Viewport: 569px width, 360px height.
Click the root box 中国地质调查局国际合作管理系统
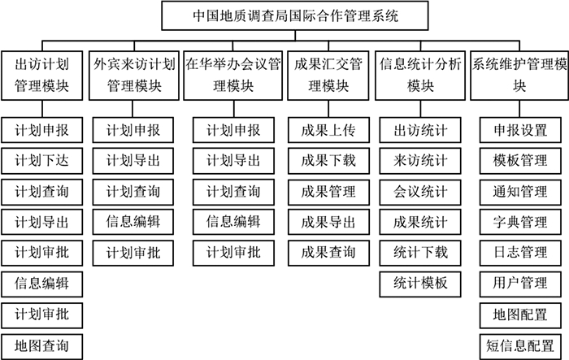pos(294,15)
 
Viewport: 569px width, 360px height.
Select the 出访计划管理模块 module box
pos(41,76)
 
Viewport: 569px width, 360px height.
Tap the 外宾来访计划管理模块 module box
pos(134,76)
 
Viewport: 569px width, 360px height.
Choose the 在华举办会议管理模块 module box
pos(233,76)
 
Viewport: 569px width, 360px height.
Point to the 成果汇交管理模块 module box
pos(328,76)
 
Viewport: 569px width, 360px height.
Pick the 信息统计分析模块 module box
pos(420,76)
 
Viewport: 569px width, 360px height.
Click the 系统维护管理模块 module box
pos(519,76)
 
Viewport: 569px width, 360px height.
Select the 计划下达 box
pos(41,161)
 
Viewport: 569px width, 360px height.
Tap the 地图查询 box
pos(41,346)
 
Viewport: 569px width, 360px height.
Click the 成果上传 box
pos(328,130)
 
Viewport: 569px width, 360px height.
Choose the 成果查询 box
pos(328,253)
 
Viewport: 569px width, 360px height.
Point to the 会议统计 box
pos(420,192)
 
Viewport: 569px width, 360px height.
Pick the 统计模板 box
pos(420,284)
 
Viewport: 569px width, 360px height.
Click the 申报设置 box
pos(520,130)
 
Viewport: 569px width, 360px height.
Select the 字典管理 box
pos(520,222)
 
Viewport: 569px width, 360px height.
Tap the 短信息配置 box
pos(520,346)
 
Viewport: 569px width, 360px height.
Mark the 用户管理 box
pos(520,284)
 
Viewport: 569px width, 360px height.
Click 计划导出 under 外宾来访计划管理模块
pos(132,161)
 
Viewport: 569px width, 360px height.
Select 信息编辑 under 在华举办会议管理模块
pos(233,222)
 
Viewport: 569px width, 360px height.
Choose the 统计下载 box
pos(420,253)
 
